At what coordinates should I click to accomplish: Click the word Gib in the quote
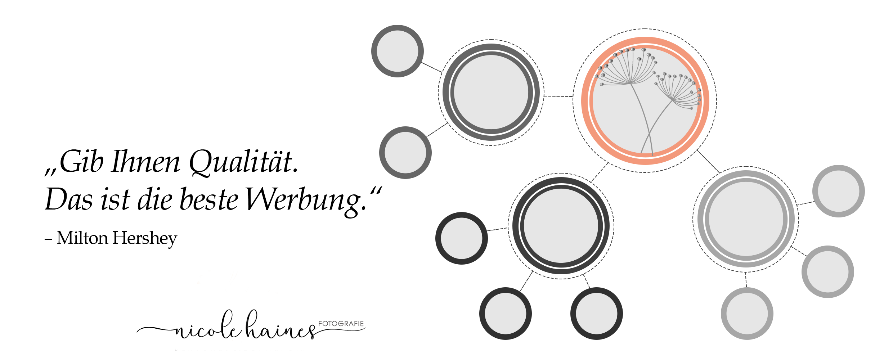tap(81, 162)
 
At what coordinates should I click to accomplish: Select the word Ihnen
tap(145, 162)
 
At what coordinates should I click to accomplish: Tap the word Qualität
tap(243, 162)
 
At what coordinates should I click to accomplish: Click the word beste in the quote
tap(209, 200)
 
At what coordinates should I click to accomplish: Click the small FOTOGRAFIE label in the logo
tap(341, 324)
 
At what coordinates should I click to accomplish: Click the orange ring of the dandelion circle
tap(585, 101)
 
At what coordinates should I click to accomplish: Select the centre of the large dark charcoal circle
tap(561, 226)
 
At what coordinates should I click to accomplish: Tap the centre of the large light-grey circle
tap(746, 219)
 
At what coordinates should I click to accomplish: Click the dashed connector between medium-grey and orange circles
tap(558, 96)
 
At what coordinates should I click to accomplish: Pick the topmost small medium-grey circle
tap(398, 51)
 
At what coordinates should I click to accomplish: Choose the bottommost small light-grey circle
tap(747, 313)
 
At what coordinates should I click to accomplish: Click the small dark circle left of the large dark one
tap(461, 238)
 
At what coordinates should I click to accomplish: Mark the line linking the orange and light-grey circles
tap(709, 161)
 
